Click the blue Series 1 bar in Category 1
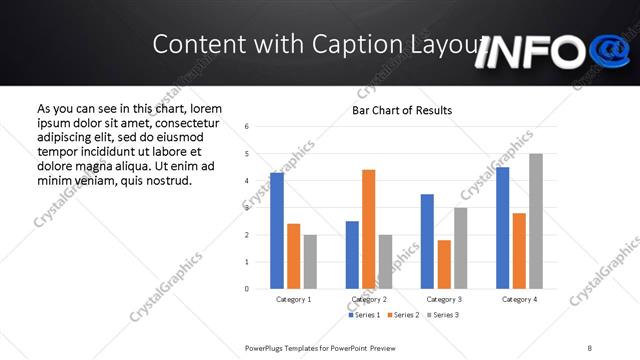click(x=277, y=230)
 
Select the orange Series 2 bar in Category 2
click(x=369, y=229)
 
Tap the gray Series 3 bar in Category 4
click(x=536, y=221)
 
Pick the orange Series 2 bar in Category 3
click(x=444, y=264)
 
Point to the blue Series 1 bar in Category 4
click(x=502, y=228)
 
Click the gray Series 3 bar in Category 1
click(x=310, y=262)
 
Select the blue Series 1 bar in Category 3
click(x=427, y=241)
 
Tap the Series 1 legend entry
click(x=362, y=316)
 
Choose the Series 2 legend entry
click(x=402, y=316)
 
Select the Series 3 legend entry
click(x=442, y=316)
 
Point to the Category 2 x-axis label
click(x=369, y=299)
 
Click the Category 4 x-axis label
click(x=519, y=299)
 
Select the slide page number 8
click(x=590, y=347)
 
